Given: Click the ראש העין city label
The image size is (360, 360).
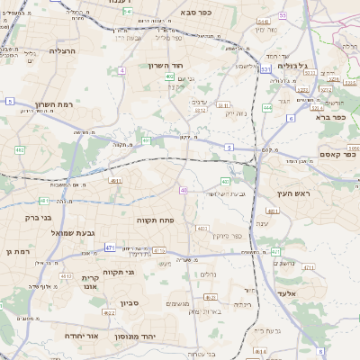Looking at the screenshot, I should point(293,194).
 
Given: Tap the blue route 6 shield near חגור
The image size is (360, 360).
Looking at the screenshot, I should point(291,118).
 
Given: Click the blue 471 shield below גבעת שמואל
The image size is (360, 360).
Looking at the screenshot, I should point(109,247).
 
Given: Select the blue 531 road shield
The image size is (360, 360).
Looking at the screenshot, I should point(265,67).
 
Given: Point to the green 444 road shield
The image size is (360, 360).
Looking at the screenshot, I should point(267,107).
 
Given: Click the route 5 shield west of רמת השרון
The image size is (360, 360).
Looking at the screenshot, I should point(9,102).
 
